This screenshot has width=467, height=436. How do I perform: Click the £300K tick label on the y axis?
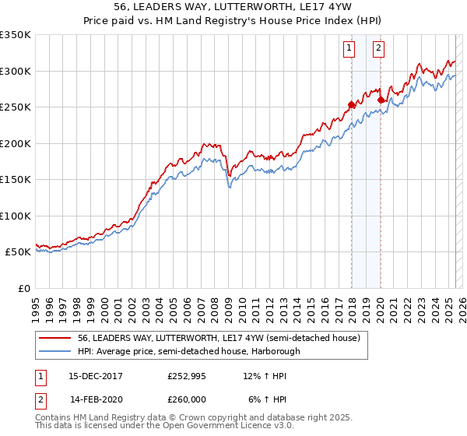[16, 71]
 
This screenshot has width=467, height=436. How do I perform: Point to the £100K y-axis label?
[16, 216]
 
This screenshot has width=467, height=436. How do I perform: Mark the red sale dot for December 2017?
[351, 105]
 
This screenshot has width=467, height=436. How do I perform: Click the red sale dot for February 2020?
[381, 100]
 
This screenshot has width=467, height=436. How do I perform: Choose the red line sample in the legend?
[54, 339]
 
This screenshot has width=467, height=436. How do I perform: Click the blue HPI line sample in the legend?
[54, 351]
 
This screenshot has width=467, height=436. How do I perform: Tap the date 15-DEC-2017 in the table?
[96, 375]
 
